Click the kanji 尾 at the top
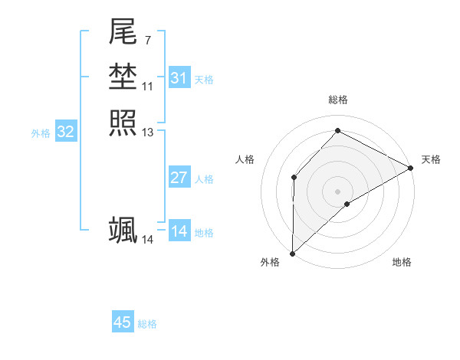point(123,32)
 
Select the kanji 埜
point(123,77)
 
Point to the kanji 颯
point(123,230)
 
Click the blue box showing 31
point(179,78)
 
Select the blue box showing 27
point(179,178)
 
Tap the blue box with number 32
point(66,132)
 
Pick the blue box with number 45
point(123,322)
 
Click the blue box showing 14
point(179,231)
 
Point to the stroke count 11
point(147,86)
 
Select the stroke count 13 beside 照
point(147,132)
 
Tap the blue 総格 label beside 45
point(147,324)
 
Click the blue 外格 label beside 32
point(41,133)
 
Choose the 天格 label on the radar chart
point(431,159)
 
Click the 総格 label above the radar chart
point(337,100)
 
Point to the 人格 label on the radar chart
point(245,159)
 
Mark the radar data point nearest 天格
point(411,168)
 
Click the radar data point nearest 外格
point(292,253)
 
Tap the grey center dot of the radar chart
point(337,191)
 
